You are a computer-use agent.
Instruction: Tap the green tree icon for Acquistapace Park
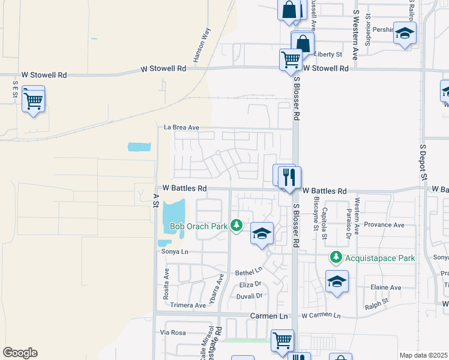pos(336,258)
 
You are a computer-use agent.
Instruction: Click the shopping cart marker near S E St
pos(33,99)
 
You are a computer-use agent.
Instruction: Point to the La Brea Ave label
pos(181,127)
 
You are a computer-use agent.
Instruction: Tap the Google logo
pos(20,353)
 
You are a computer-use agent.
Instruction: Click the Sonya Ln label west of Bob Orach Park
pos(175,252)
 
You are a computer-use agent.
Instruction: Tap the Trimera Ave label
pos(188,305)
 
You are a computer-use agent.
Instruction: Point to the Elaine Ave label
pos(385,287)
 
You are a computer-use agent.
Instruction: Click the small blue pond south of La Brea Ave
pos(139,146)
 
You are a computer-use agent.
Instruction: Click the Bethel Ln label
pos(249,272)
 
